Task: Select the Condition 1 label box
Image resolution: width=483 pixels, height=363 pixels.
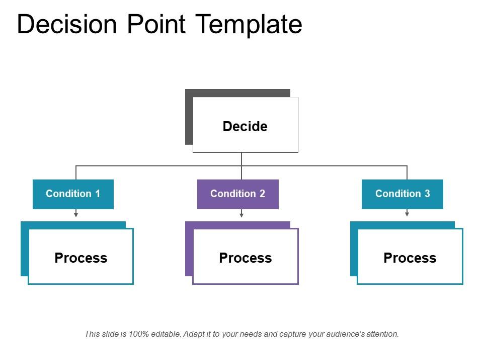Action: coord(73,194)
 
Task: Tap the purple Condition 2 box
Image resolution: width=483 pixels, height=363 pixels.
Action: coord(237,194)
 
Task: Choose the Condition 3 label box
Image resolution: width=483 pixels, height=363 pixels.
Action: coord(403,194)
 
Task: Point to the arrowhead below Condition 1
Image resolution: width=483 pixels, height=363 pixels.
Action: coord(76,215)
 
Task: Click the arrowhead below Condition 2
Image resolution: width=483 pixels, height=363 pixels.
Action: coord(242,215)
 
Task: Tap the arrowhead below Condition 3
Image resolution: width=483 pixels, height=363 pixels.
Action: coord(407,214)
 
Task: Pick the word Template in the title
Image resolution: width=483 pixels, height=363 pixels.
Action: coord(249,24)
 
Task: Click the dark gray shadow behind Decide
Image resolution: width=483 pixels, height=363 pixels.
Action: coord(189,116)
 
